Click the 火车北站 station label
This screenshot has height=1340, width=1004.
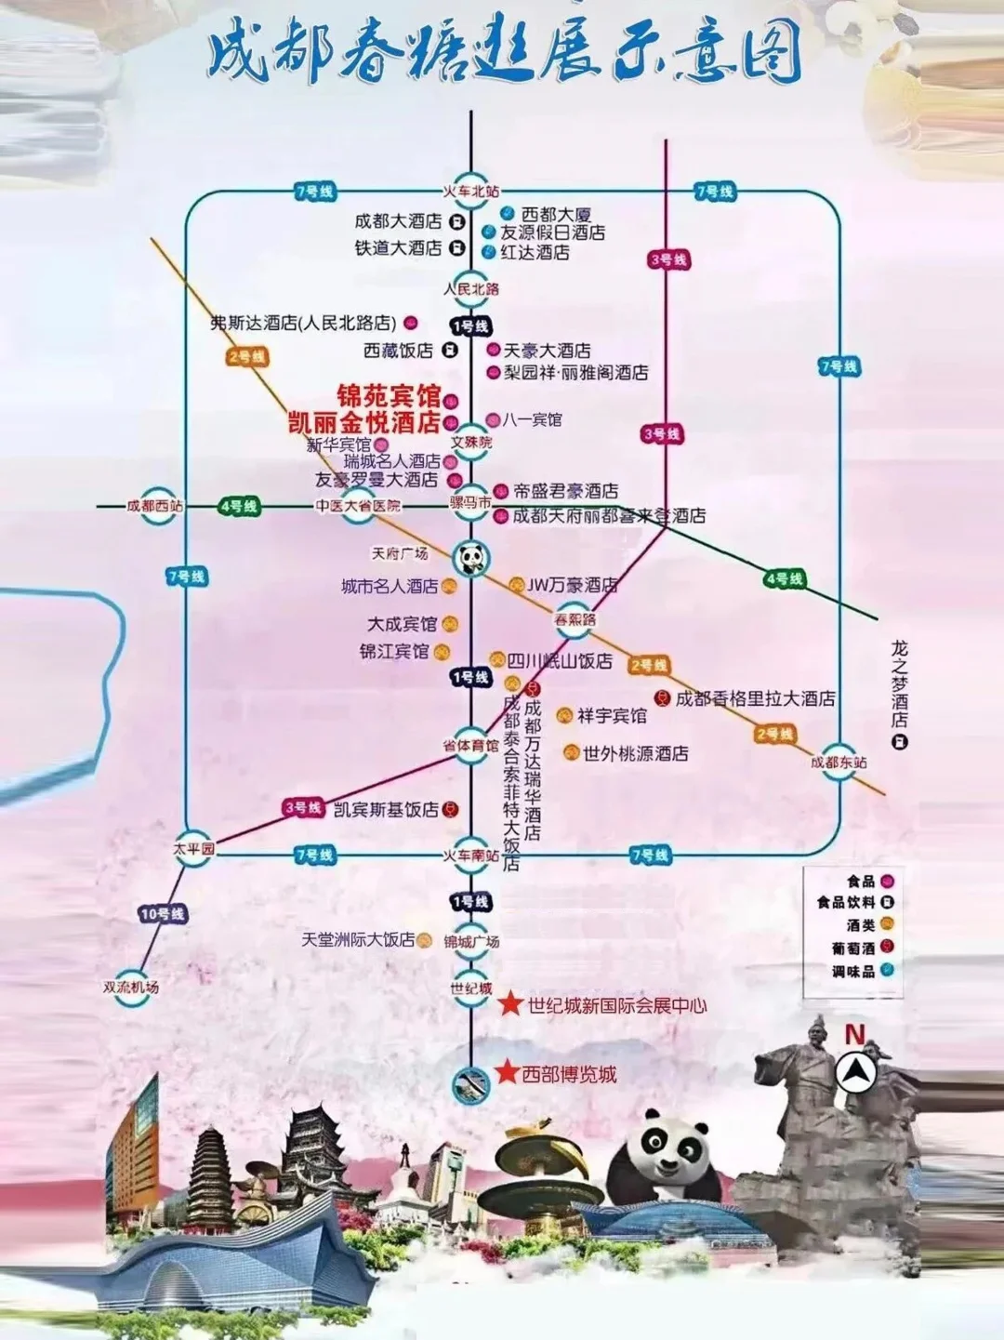pos(471,191)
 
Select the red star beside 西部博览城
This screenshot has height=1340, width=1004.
pos(507,1072)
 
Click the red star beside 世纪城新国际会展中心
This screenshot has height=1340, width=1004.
pos(511,1004)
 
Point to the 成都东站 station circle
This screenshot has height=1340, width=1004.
pos(839,762)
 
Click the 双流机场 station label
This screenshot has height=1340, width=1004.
pos(131,988)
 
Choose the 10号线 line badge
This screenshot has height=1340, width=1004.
pos(163,914)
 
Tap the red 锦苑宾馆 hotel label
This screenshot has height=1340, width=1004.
pos(388,396)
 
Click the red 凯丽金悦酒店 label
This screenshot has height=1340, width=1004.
pos(363,422)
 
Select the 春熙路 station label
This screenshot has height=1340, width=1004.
pos(575,619)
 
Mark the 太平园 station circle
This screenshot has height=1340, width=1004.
pos(193,849)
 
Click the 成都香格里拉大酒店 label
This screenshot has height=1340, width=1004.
pos(755,698)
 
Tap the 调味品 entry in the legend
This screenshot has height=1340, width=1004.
pos(852,971)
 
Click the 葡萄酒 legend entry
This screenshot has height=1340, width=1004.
pos(852,948)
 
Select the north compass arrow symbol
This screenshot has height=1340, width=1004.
pos(855,1072)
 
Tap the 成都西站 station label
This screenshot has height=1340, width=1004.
pos(155,506)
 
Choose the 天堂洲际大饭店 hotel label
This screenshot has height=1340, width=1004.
pos(358,940)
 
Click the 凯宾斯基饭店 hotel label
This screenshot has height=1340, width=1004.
pos(386,809)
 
